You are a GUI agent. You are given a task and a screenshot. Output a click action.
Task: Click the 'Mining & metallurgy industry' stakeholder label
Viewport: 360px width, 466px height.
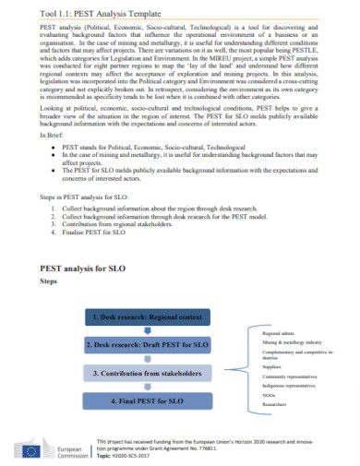290,342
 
